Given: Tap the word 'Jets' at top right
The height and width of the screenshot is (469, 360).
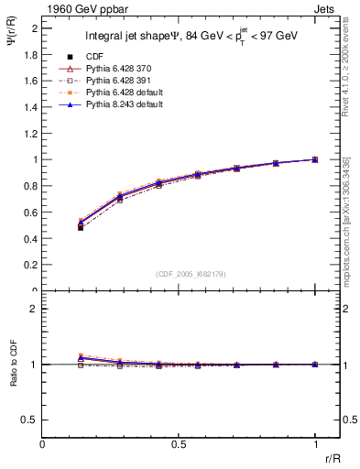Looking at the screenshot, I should point(325,8).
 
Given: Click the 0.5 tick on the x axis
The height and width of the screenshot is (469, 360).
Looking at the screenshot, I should point(179,444).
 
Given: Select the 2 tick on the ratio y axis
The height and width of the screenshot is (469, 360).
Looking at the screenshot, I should point(35,309).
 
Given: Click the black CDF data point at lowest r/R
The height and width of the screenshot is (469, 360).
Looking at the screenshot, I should point(81,227).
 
